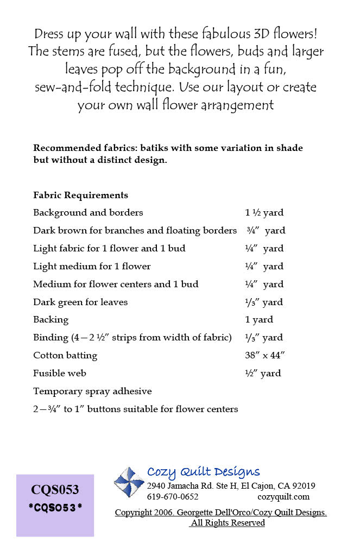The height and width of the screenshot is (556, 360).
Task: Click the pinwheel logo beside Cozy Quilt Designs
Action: pyautogui.click(x=129, y=482)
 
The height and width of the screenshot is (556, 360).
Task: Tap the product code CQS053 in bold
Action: pyautogui.click(x=55, y=490)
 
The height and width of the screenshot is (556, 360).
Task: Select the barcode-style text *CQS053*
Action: pyautogui.click(x=55, y=508)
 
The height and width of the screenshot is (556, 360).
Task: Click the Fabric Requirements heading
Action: pyautogui.click(x=80, y=195)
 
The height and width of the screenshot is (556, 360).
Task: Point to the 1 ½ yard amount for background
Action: pyautogui.click(x=264, y=213)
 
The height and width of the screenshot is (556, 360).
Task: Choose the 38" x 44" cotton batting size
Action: pyautogui.click(x=266, y=356)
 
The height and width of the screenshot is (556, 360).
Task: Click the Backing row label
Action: pyautogui.click(x=51, y=320)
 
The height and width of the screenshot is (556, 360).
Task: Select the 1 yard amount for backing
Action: pyautogui.click(x=259, y=320)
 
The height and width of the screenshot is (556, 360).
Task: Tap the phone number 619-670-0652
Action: pyautogui.click(x=173, y=497)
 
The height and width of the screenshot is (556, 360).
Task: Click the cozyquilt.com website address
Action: pyautogui.click(x=283, y=497)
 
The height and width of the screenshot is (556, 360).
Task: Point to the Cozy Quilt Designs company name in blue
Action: pyautogui.click(x=204, y=472)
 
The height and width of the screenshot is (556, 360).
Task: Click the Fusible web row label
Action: pyautogui.click(x=60, y=374)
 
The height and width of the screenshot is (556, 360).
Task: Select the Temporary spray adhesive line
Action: pyautogui.click(x=92, y=391)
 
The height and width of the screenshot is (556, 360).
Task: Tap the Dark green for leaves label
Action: pyautogui.click(x=80, y=302)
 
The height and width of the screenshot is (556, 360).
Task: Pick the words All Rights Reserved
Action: pyautogui.click(x=228, y=523)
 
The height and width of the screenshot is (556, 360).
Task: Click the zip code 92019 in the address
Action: pyautogui.click(x=303, y=486)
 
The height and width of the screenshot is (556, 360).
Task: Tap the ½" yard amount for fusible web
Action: pyautogui.click(x=263, y=374)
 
